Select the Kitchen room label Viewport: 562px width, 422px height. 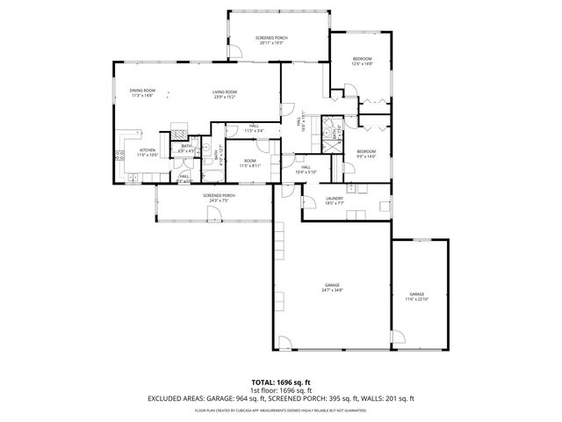coord(146,152)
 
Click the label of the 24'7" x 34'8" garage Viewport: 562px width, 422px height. coord(332,287)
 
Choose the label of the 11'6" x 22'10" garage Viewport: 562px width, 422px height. coord(416,295)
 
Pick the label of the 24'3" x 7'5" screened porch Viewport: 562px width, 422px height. coord(219,197)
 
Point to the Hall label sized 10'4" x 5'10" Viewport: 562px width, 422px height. coord(306,169)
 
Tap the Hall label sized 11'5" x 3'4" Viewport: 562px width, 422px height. coord(253,128)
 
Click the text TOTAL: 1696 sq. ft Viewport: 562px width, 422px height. coord(280,382)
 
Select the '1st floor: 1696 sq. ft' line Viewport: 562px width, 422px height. coord(280,389)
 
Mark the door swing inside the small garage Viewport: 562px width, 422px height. coord(398,337)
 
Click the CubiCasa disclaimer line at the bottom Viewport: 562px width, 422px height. coord(280,409)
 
